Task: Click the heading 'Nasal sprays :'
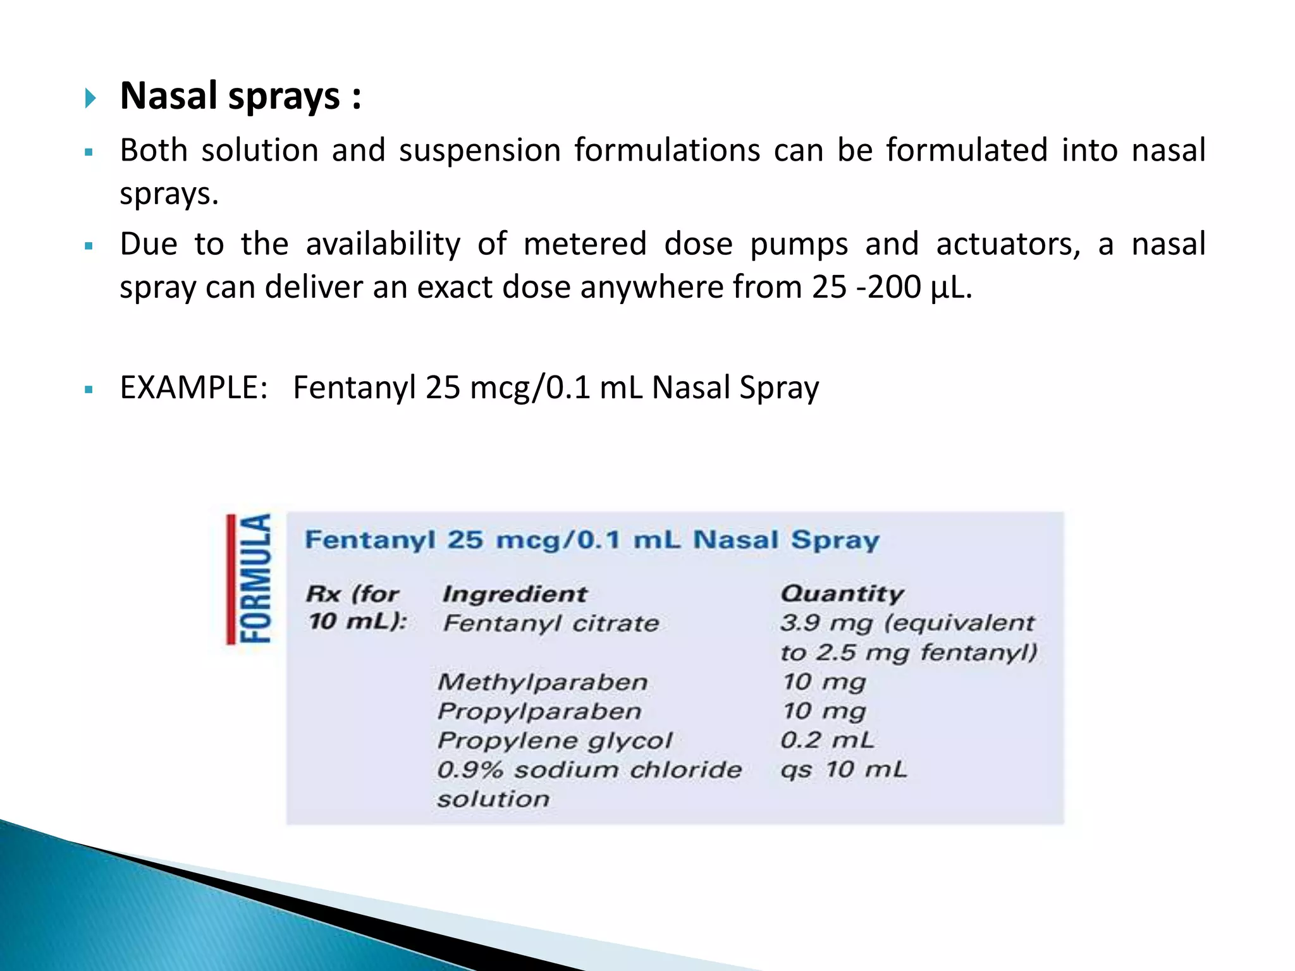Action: tap(240, 97)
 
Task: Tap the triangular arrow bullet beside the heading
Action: tap(90, 98)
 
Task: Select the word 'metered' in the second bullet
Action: tap(585, 244)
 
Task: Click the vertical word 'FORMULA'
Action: tap(256, 578)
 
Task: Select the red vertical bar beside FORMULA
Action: tap(231, 578)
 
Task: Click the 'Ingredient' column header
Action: tap(515, 594)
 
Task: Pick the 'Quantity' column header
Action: tap(842, 594)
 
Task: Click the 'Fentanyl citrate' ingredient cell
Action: tap(551, 623)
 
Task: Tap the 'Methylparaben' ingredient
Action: tap(543, 682)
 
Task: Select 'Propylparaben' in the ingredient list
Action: tap(539, 711)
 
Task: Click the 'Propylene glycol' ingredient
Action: tap(555, 740)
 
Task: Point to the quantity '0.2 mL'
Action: tap(827, 740)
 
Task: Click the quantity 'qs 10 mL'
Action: tap(844, 770)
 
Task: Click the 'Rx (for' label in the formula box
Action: tap(353, 594)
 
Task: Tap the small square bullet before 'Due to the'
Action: tap(89, 246)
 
